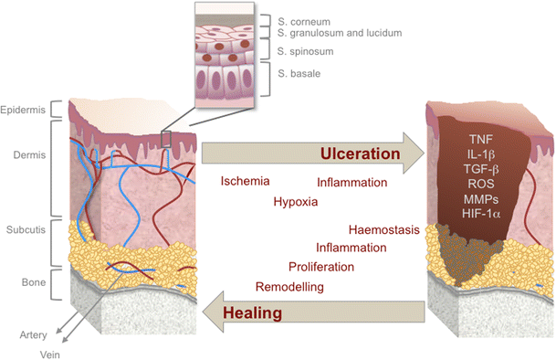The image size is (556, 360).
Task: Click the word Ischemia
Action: click(245, 181)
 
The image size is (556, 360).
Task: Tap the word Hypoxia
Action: click(295, 201)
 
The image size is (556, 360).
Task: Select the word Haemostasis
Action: click(383, 228)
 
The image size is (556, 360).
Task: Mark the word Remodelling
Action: click(291, 286)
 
